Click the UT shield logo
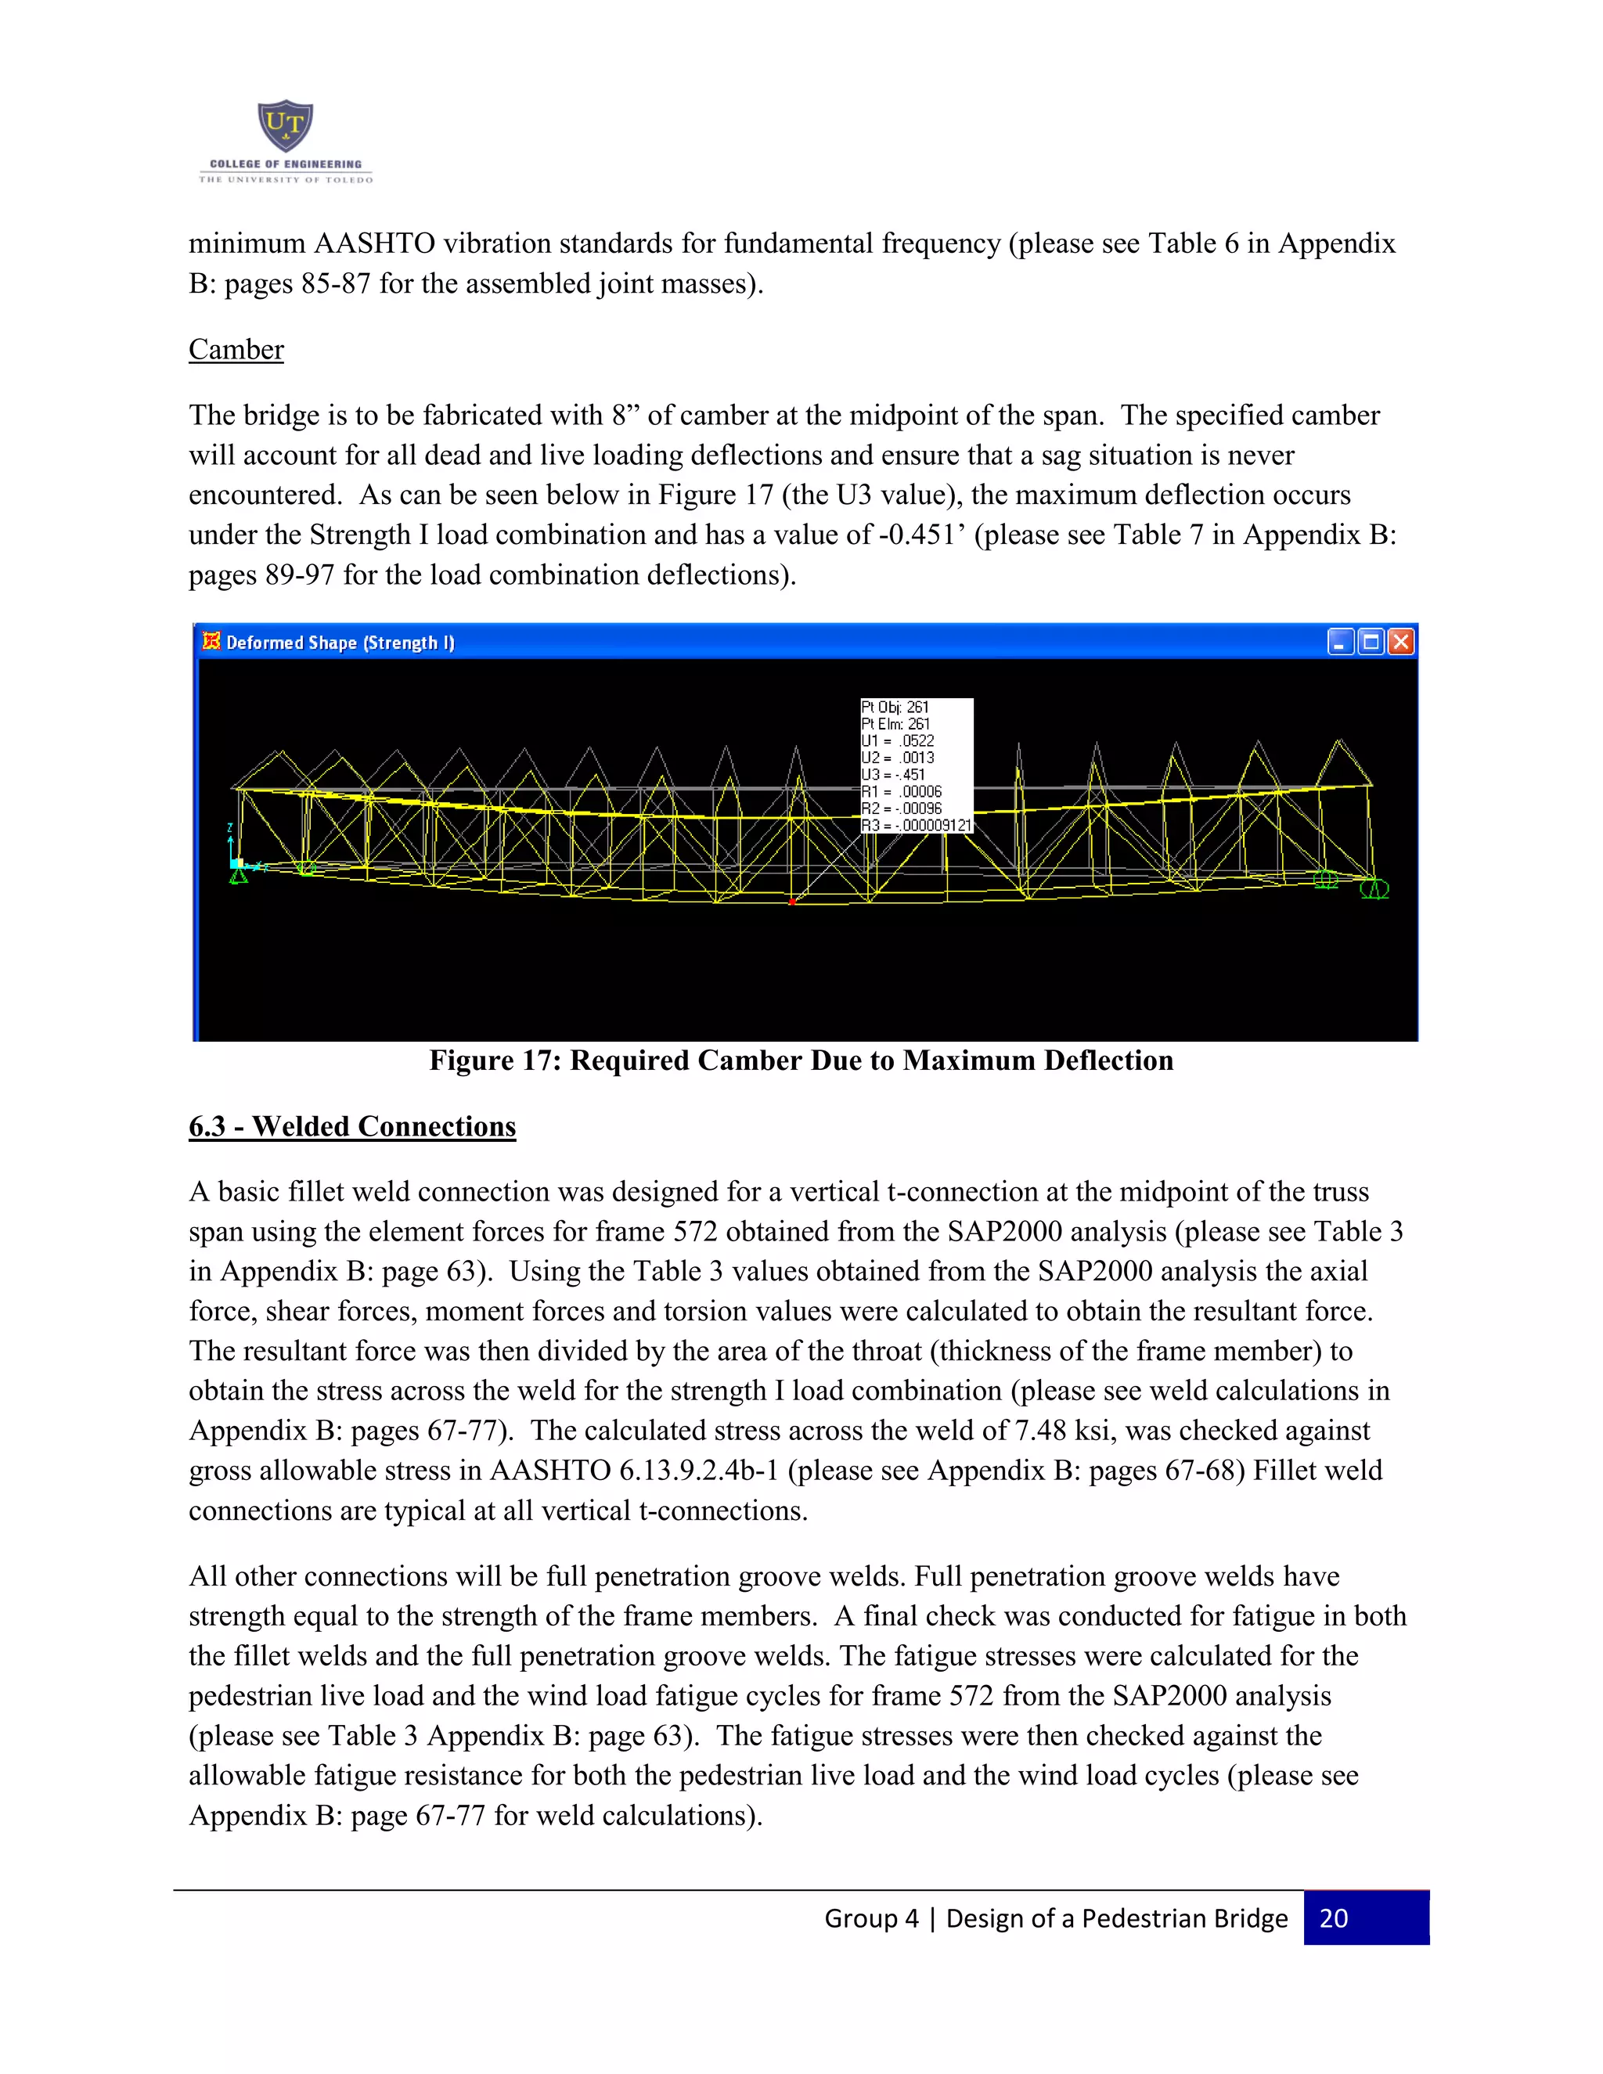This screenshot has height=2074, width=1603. point(285,125)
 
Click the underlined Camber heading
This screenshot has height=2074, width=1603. point(236,350)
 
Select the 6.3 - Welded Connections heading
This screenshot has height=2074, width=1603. point(351,1126)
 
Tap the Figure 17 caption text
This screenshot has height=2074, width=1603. point(801,1060)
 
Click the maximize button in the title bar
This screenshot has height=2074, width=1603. point(1371,642)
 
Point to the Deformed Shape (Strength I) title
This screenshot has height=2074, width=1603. point(340,643)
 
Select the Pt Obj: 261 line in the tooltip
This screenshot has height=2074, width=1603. point(895,707)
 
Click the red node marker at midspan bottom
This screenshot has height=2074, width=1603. point(792,901)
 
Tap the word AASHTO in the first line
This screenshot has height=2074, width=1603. point(374,244)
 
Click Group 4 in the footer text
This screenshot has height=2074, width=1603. point(871,1919)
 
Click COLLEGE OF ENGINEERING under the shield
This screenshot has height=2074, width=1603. point(285,164)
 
